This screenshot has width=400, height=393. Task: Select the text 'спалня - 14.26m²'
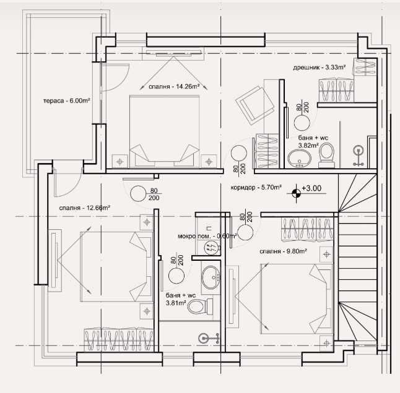pyautogui.click(x=174, y=87)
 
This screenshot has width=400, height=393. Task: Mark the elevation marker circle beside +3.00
pyautogui.click(x=296, y=193)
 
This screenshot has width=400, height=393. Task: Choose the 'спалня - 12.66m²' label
pyautogui.click(x=85, y=208)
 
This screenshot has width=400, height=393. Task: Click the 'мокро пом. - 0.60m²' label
pyautogui.click(x=198, y=235)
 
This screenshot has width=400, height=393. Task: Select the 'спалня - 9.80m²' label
pyautogui.click(x=283, y=251)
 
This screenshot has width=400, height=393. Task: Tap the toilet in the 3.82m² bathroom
pyautogui.click(x=326, y=155)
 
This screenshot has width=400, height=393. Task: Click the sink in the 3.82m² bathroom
pyautogui.click(x=301, y=159)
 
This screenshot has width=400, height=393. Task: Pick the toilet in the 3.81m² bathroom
pyautogui.click(x=198, y=306)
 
